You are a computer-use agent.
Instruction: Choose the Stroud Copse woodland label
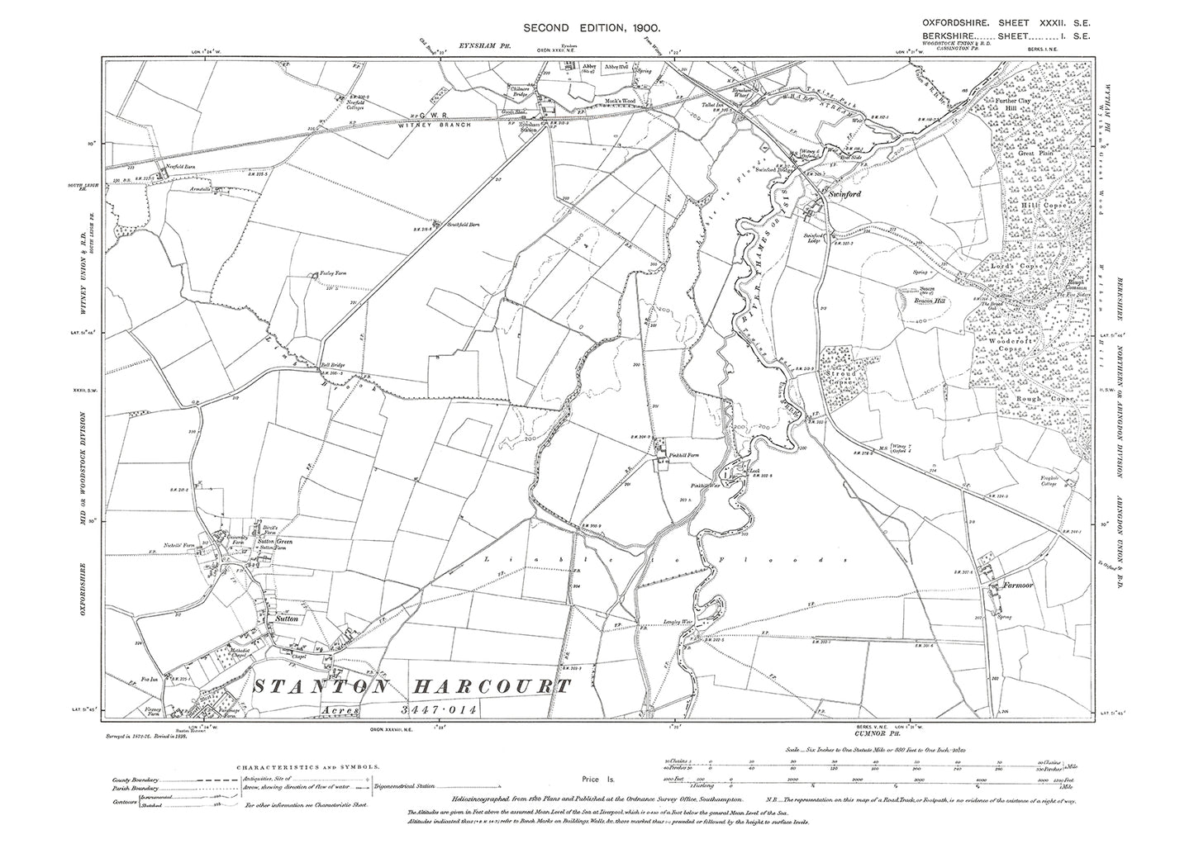(x=843, y=379)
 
